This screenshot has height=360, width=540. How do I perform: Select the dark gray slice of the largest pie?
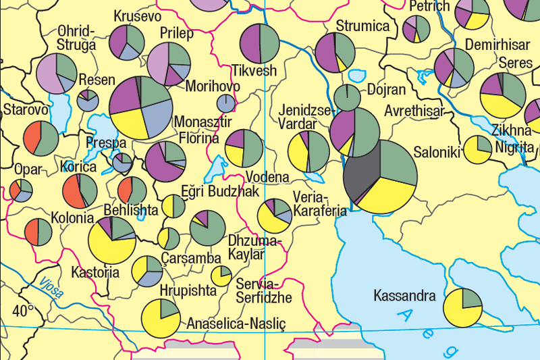pos(361,176)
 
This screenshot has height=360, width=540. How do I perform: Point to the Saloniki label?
pos(437,153)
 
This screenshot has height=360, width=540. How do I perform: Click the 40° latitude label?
pos(23,311)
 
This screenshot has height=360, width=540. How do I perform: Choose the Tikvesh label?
pos(254,70)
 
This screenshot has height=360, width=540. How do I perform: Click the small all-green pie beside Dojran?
pos(347,97)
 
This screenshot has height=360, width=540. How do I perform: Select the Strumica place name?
pos(362,26)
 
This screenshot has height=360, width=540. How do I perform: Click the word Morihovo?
pos(212,86)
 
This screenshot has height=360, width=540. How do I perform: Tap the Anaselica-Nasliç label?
pos(237,324)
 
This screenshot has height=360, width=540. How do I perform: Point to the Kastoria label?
pos(95,273)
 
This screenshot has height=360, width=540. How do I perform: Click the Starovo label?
pos(26,109)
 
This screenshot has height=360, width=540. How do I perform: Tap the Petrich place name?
pos(429,7)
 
